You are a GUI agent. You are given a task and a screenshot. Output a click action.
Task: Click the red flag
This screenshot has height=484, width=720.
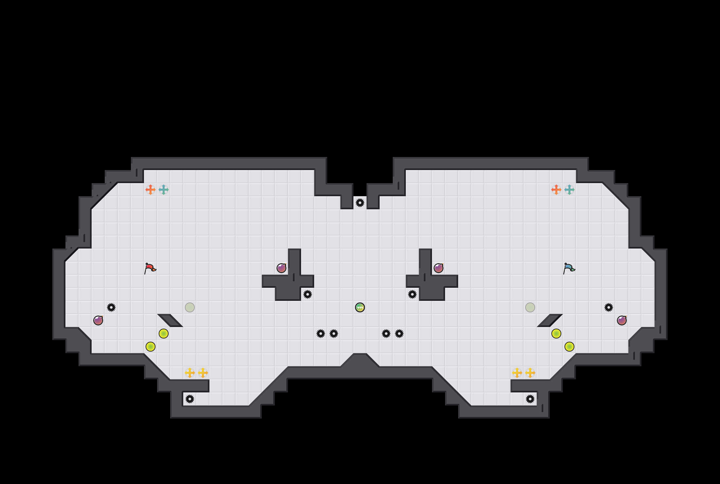click(x=150, y=268)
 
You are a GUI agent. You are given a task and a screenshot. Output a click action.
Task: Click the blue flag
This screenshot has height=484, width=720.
click(x=569, y=268)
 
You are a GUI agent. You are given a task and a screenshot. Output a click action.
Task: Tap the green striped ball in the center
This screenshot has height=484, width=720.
click(x=360, y=307)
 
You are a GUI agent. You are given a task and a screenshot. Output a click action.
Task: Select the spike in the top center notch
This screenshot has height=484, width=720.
click(x=360, y=203)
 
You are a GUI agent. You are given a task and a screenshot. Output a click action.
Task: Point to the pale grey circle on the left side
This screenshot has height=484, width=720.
click(x=190, y=307)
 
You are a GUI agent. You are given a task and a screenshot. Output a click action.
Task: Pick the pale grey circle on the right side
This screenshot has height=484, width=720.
click(x=530, y=307)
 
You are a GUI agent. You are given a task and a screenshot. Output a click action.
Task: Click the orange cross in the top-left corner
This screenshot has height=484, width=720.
click(x=151, y=190)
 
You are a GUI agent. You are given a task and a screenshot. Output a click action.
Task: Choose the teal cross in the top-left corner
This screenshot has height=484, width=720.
click(x=164, y=190)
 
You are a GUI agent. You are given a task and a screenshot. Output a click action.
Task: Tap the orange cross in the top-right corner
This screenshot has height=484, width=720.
click(x=556, y=190)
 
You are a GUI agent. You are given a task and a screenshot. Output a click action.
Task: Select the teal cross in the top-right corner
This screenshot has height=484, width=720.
click(x=569, y=190)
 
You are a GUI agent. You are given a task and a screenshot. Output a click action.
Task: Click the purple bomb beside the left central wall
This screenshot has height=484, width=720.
click(x=281, y=268)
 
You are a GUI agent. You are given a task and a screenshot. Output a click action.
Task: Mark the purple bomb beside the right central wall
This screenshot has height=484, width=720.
click(x=439, y=268)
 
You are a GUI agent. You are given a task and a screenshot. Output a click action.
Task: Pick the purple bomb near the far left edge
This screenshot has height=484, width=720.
click(x=98, y=320)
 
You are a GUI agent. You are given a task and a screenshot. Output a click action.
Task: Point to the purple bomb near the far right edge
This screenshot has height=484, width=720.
click(x=622, y=320)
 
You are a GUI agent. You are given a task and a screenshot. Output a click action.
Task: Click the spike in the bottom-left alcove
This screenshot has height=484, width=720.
click(x=190, y=399)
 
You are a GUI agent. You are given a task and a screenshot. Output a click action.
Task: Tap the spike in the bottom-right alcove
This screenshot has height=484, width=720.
click(x=530, y=399)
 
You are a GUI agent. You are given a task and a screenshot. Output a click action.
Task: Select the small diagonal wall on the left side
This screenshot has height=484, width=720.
click(x=170, y=320)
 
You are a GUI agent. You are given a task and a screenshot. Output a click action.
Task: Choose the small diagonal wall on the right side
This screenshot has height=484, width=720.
click(x=550, y=320)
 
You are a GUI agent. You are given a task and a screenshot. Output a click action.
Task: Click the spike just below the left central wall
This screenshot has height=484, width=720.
click(x=308, y=294)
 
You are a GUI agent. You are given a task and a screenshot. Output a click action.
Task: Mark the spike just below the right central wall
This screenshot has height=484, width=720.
click(x=412, y=294)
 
